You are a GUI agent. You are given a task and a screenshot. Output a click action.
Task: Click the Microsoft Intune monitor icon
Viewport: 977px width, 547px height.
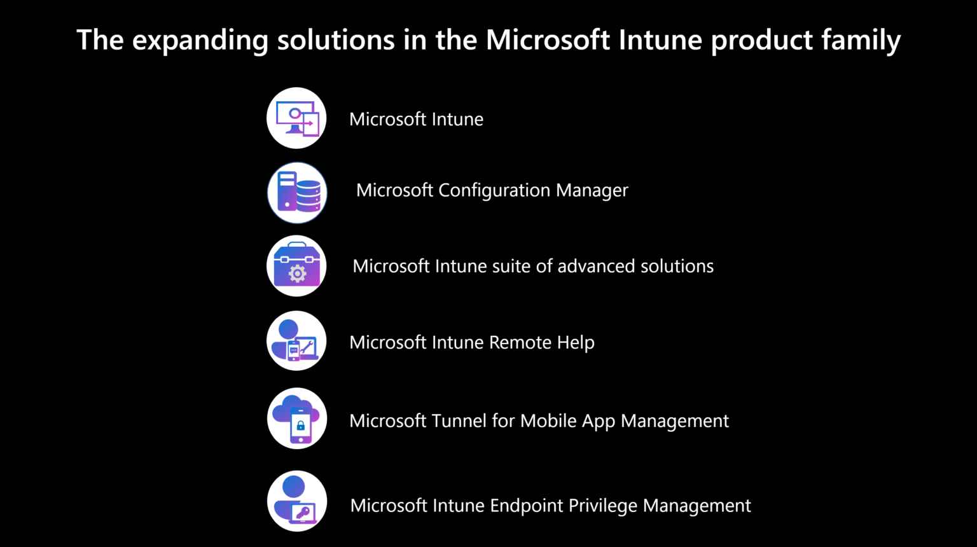[x=296, y=118]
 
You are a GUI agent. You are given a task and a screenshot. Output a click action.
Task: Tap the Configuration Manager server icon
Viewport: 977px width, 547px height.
[x=297, y=193]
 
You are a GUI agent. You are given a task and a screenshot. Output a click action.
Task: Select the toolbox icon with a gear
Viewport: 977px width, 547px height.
[x=296, y=266]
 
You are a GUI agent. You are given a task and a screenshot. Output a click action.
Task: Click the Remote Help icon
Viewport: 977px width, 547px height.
[x=296, y=341]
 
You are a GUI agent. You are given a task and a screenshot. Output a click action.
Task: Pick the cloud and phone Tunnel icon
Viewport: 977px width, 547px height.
[x=297, y=419]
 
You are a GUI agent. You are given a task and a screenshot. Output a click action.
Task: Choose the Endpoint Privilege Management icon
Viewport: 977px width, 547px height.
[x=297, y=501]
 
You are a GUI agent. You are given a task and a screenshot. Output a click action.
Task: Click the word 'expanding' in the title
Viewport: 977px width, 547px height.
[x=200, y=41]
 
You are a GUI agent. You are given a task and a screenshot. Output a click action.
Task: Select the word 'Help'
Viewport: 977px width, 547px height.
[x=576, y=342]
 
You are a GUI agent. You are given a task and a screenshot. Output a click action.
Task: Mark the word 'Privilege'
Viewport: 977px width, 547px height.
[x=603, y=506]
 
